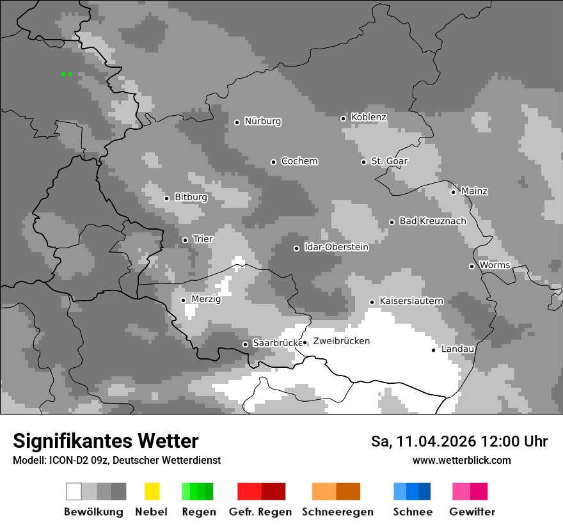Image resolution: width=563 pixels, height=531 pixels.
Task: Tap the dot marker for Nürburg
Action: (237, 122)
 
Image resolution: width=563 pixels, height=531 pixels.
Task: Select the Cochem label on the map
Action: (299, 161)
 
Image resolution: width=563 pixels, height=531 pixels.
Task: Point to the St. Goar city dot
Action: (363, 162)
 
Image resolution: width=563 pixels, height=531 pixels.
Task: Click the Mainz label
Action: (474, 191)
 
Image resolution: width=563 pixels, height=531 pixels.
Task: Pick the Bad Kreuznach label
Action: (432, 221)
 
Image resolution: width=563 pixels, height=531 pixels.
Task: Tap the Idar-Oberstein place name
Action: (336, 247)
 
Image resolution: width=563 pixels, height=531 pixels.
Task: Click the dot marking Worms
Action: (472, 266)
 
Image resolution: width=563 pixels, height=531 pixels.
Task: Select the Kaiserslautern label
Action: (411, 301)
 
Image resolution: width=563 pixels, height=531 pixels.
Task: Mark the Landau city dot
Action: (433, 350)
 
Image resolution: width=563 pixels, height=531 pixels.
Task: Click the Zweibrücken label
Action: (341, 341)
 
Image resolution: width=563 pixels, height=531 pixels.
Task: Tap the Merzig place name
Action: (205, 299)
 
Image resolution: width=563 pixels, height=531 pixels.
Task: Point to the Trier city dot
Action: (185, 240)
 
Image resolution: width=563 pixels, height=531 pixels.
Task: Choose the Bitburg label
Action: (191, 197)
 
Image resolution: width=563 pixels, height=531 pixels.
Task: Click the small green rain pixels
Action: (66, 74)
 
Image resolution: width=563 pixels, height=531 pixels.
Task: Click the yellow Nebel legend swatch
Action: (152, 491)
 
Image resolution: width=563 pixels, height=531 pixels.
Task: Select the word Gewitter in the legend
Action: (472, 512)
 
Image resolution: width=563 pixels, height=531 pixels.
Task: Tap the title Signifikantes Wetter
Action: (106, 441)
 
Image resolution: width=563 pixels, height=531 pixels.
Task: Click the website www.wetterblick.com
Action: (461, 460)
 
